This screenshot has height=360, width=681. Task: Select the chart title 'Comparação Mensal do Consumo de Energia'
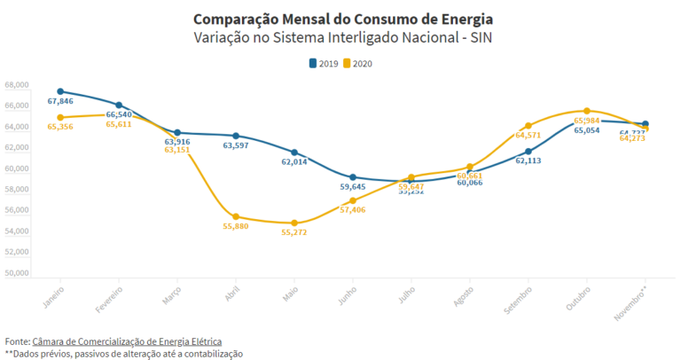pos(342,19)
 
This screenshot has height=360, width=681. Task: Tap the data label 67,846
pos(60,102)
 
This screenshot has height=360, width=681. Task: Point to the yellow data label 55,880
pos(235,227)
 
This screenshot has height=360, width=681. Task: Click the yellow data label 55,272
pos(294,232)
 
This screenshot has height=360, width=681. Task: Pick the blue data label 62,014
pos(294,162)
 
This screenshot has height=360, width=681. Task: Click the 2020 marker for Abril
pos(236,216)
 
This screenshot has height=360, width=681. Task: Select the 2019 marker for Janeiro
pos(60,91)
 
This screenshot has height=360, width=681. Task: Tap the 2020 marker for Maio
pos(294,223)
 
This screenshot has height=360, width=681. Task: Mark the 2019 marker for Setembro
pos(528,152)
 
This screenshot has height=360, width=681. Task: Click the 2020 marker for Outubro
pos(587,111)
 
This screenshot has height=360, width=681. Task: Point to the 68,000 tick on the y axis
pos(17,85)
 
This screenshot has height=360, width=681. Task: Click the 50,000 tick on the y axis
pos(17,273)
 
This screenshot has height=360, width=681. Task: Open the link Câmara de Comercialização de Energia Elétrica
pos(127,341)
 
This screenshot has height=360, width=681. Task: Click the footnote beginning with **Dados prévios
pos(123,354)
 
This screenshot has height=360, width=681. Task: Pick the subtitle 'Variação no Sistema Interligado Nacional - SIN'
pos(342,38)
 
